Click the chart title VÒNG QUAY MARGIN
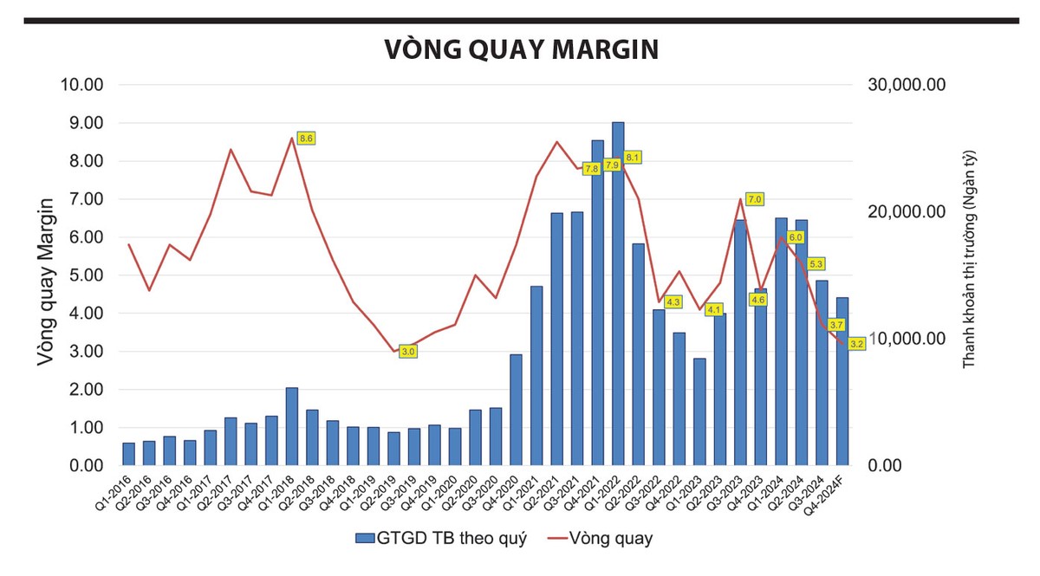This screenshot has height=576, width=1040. (521, 49)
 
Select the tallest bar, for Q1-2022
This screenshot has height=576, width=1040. (618, 294)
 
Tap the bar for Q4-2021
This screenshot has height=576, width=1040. (598, 303)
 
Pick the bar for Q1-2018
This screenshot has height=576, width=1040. (292, 426)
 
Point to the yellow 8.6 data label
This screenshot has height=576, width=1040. (306, 138)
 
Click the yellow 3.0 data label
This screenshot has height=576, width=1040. (408, 352)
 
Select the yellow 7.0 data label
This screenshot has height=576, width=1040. (755, 199)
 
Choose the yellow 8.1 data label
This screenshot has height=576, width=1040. (633, 158)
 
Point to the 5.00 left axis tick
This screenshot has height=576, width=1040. (83, 275)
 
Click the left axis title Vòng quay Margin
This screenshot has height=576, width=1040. (49, 282)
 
